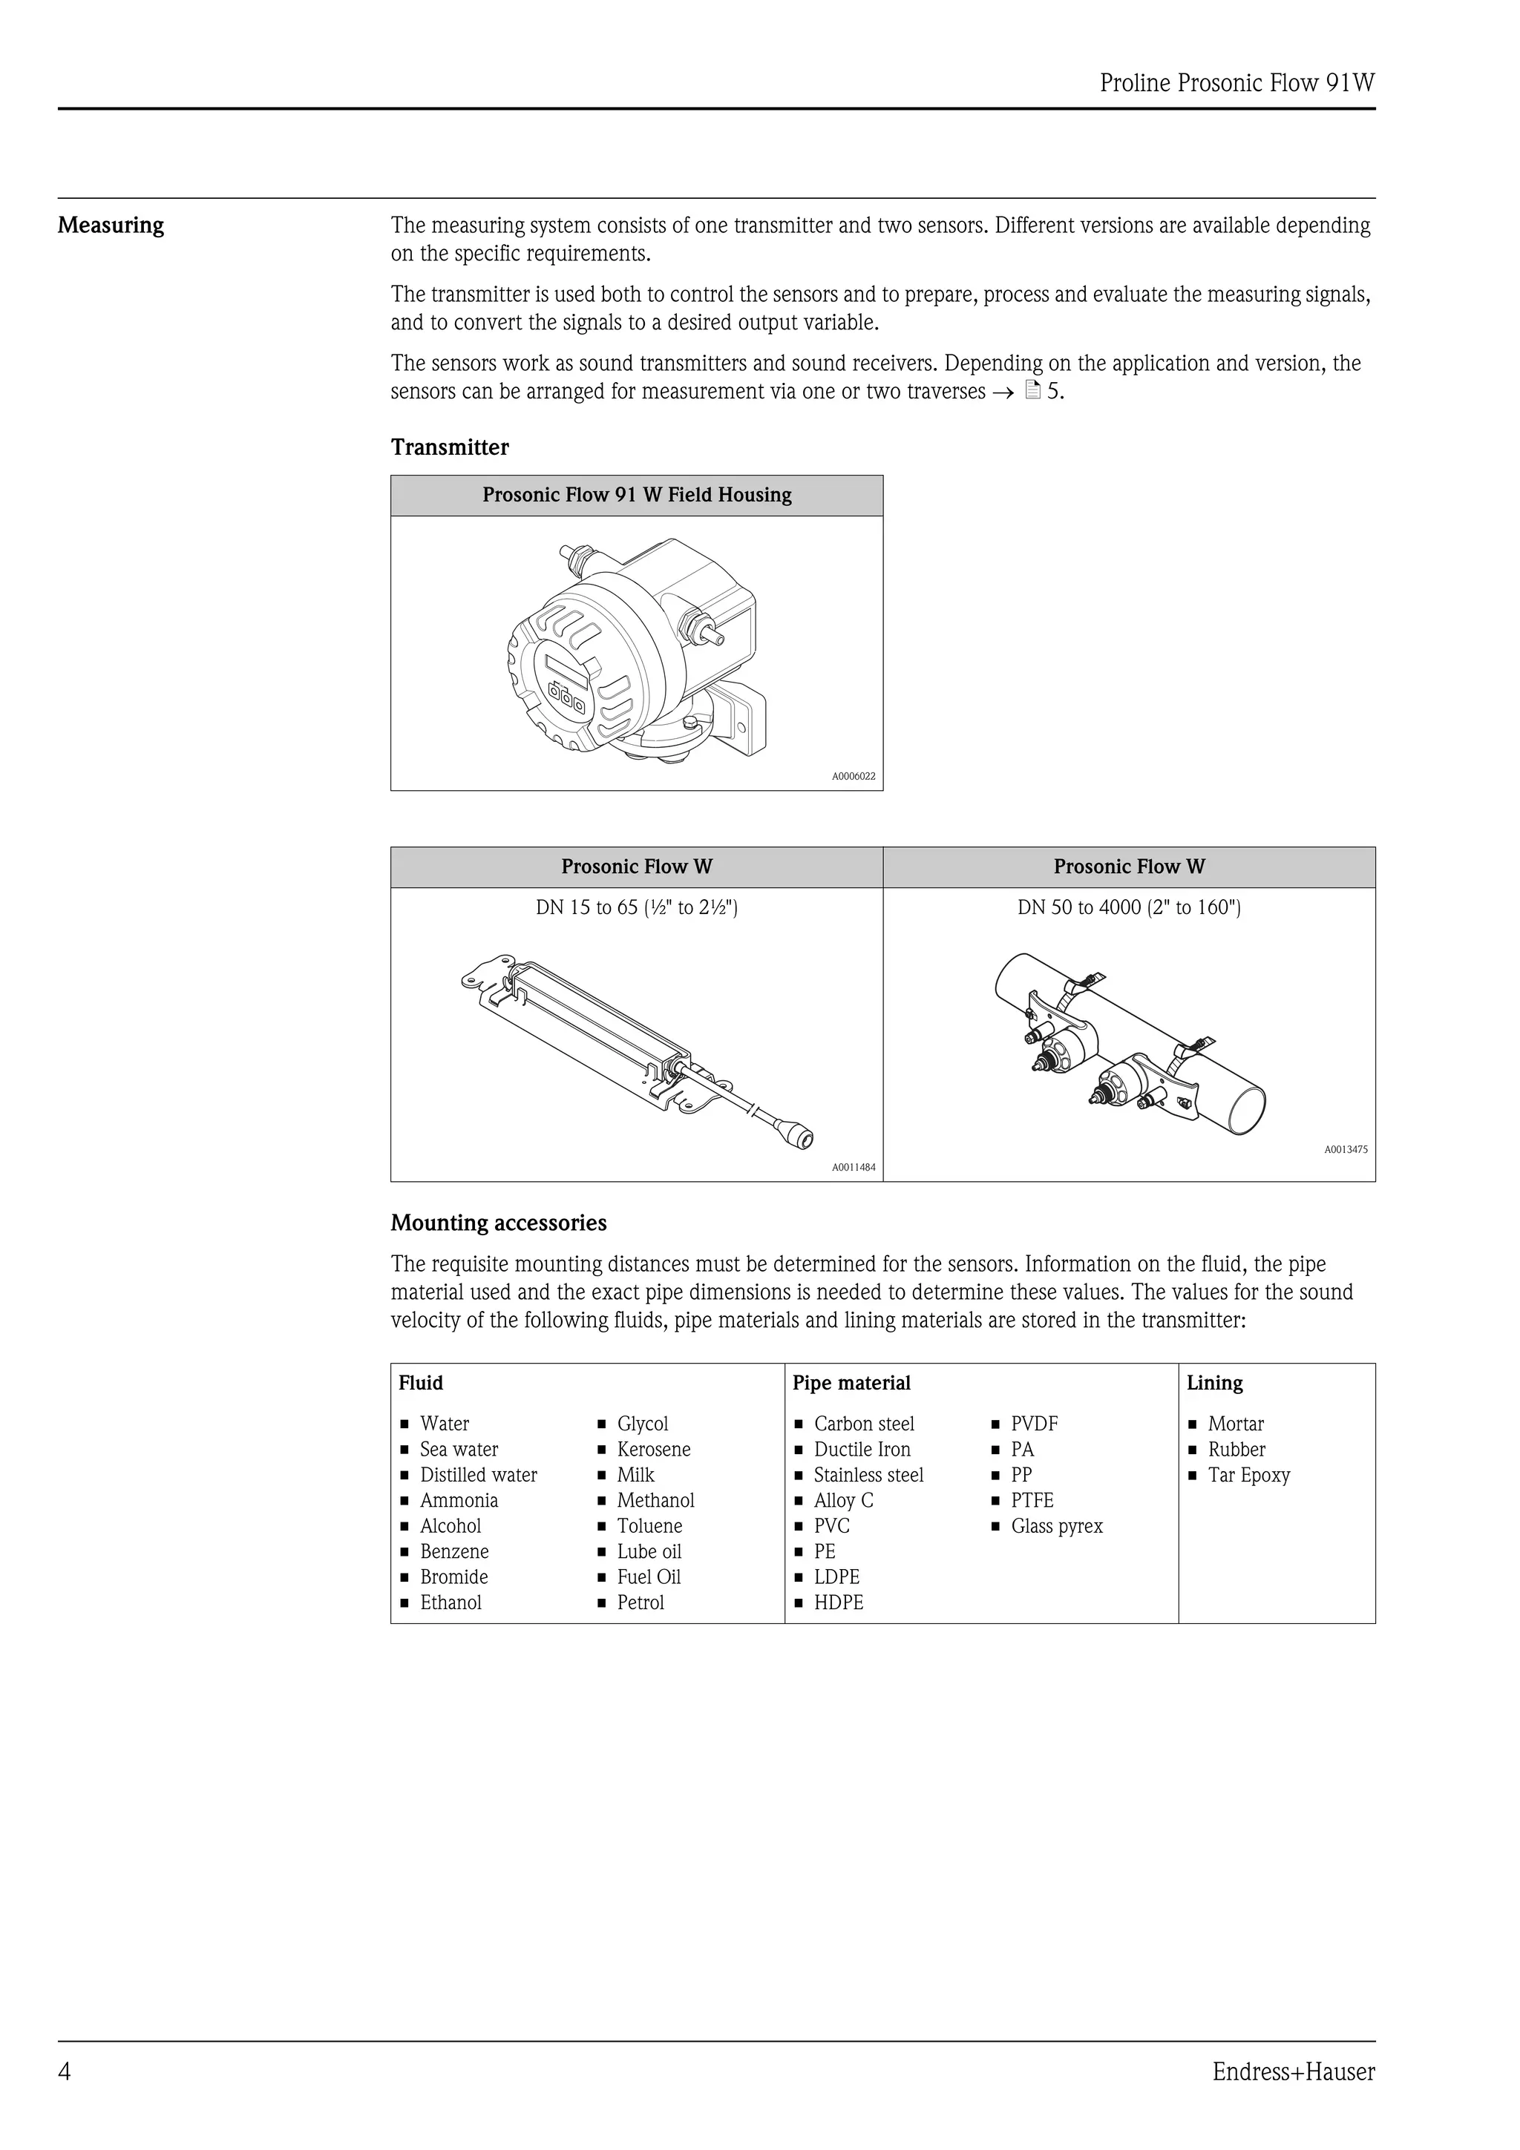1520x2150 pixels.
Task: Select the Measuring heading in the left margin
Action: click(x=111, y=226)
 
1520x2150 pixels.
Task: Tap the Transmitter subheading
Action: click(x=450, y=447)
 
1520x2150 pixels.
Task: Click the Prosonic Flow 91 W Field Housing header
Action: click(x=637, y=496)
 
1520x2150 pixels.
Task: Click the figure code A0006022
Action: click(x=854, y=776)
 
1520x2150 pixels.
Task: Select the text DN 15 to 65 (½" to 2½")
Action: click(x=637, y=907)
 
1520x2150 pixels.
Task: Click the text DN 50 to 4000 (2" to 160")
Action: click(x=1129, y=907)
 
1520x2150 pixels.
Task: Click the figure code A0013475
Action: click(x=1345, y=1149)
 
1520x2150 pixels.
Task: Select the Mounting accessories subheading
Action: click(x=498, y=1223)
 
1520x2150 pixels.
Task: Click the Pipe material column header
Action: click(x=851, y=1383)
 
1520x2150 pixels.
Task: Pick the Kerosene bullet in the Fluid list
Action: click(x=653, y=1450)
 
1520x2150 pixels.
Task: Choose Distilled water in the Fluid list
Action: click(x=478, y=1475)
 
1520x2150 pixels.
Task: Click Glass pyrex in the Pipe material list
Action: click(x=1056, y=1526)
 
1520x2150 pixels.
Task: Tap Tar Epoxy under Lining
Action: click(x=1248, y=1475)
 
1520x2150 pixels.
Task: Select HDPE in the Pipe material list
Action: click(x=838, y=1602)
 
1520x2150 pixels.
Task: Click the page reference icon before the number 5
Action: click(x=1033, y=392)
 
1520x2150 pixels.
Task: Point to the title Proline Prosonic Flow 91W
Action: click(x=1236, y=83)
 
